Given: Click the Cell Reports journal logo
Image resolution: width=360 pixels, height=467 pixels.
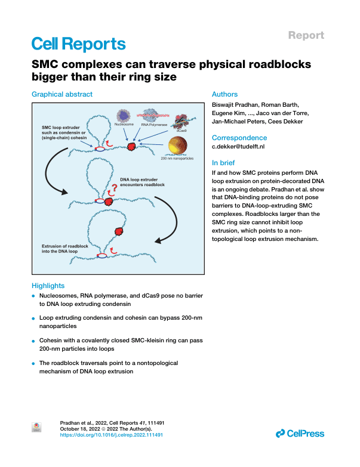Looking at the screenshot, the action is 79,44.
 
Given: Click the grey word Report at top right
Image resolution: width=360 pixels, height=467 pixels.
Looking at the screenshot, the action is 306,35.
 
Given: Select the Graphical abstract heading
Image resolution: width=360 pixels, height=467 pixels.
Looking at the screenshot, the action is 62,94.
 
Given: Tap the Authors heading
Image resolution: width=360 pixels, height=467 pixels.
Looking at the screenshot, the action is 224,94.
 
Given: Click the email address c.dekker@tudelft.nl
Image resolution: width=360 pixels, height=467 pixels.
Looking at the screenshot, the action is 238,147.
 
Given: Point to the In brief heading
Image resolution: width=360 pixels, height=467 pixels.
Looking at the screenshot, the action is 223,163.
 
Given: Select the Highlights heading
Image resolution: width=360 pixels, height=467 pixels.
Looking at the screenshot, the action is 48,286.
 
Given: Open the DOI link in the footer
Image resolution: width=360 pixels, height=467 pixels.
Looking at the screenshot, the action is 112,435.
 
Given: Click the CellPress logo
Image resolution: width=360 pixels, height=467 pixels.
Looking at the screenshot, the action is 300,434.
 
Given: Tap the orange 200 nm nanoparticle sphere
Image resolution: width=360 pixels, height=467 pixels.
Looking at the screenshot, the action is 178,146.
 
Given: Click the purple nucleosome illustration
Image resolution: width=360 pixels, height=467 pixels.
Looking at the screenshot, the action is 124,116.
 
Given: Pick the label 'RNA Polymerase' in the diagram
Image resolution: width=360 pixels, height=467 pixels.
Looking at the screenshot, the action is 154,125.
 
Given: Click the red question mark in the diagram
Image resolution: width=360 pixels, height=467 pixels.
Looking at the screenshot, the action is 114,188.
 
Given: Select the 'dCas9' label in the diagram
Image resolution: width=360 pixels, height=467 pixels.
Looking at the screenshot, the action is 181,131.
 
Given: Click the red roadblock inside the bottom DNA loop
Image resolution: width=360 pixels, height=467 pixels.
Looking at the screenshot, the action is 119,231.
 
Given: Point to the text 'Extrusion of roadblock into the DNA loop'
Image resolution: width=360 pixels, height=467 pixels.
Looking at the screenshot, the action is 65,249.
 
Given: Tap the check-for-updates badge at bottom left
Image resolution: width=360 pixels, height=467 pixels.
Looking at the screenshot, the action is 36,428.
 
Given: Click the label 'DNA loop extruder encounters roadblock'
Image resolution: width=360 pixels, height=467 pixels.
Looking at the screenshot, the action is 143,182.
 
